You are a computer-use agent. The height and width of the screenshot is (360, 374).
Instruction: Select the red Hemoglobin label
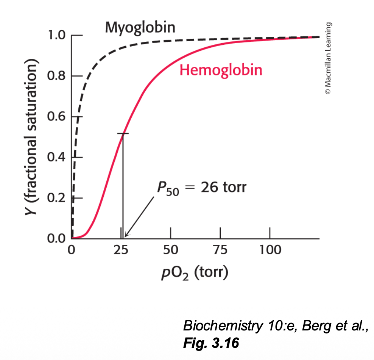click(x=221, y=70)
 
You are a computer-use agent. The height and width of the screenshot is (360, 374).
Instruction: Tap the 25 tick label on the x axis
click(x=121, y=250)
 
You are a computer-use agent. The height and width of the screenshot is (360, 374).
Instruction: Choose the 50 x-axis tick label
click(x=171, y=250)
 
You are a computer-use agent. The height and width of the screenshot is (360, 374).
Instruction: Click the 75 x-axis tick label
click(x=220, y=250)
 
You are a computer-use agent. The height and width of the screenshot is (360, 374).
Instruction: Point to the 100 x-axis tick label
click(x=270, y=250)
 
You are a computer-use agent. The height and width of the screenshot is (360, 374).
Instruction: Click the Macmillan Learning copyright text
click(x=328, y=59)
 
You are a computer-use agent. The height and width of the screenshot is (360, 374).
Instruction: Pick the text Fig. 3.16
click(x=211, y=343)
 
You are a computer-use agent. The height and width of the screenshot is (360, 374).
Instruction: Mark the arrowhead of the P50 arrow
click(x=126, y=235)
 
